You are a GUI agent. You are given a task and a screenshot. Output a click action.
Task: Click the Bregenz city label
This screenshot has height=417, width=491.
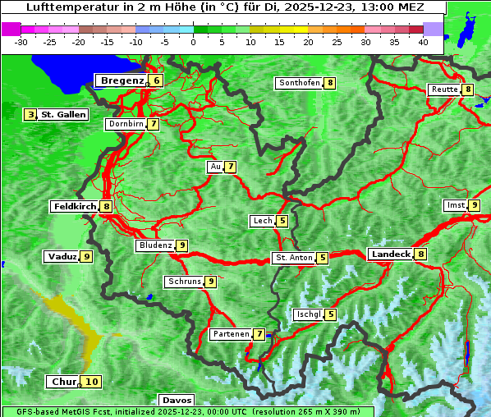point(122,80)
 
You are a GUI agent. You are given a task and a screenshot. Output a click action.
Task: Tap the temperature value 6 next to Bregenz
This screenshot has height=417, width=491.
point(156,80)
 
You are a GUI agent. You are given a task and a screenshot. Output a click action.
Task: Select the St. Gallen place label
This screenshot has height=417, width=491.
point(63,114)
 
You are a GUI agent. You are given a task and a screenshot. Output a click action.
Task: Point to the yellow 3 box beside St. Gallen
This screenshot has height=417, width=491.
point(31,114)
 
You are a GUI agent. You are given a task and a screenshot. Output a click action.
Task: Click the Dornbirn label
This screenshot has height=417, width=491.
point(126,124)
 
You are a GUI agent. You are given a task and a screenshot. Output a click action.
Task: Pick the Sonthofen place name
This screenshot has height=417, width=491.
point(299,83)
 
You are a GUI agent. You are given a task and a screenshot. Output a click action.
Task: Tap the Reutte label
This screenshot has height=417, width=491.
point(444,89)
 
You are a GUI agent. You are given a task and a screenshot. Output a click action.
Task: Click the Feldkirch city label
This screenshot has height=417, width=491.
point(75,206)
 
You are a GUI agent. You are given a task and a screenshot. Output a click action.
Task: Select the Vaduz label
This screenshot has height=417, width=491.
point(62,256)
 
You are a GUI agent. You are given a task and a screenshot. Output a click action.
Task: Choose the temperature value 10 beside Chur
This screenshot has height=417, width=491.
point(91,382)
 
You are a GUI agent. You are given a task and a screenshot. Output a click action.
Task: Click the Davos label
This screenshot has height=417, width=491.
point(177,400)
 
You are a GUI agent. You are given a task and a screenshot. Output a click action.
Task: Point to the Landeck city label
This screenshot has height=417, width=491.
point(391,254)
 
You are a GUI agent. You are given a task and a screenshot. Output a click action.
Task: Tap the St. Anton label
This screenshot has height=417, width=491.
point(294,258)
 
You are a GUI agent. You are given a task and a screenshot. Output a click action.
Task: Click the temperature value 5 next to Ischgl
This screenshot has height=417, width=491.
point(330,314)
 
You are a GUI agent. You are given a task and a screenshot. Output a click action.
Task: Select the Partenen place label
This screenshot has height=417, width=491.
point(230,334)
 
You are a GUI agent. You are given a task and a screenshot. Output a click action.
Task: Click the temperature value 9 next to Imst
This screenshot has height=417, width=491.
point(475,205)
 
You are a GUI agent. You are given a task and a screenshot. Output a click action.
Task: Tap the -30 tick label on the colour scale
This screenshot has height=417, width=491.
point(21,41)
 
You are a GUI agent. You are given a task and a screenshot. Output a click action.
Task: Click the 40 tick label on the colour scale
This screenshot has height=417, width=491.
point(423,41)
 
